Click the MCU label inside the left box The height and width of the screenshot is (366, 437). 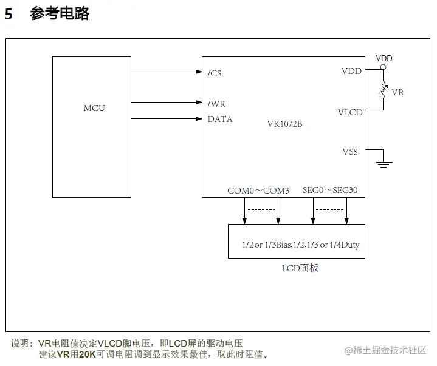tap(94, 108)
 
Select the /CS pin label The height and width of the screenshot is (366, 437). tap(215, 73)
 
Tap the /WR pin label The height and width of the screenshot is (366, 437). tap(216, 104)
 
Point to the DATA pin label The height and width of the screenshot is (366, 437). tap(220, 119)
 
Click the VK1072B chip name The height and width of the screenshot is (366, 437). tap(284, 124)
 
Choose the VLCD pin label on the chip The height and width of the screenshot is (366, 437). tap(350, 112)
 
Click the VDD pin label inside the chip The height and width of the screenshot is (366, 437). tap(351, 71)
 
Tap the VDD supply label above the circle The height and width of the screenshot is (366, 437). tap(384, 58)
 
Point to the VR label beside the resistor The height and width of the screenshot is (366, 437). tap(398, 92)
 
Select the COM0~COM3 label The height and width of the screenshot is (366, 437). tap(258, 190)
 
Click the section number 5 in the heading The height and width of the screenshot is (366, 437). tap(9, 14)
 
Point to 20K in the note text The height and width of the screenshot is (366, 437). tap(88, 354)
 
